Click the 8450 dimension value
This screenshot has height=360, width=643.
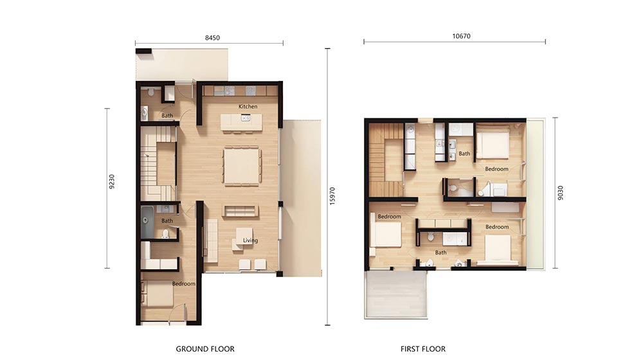pos(212,38)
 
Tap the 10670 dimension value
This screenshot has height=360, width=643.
pos(461,36)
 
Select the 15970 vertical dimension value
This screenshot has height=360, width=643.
pos(332,196)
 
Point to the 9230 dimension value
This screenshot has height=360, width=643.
pos(112,182)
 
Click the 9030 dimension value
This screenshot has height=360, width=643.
pos(561,193)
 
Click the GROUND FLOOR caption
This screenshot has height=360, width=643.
pos(205,349)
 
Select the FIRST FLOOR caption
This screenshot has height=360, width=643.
pos(423,349)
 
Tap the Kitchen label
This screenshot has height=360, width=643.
pos(248,107)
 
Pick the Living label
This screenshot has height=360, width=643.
pos(250,240)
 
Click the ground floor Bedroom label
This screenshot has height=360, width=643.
pos(184,283)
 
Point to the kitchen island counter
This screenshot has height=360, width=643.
pos(242,122)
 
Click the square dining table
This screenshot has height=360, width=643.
pos(242,166)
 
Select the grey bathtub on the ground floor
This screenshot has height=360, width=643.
pos(147,222)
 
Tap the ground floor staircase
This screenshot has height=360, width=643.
pos(158,163)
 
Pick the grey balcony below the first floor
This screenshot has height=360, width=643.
pos(396,294)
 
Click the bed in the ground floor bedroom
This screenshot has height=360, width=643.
pos(158,294)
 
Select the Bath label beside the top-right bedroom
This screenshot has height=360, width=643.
pos(464,154)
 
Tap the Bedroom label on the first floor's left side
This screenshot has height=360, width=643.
pos(390,217)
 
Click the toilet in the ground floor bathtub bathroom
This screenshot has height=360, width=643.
pos(166,234)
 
